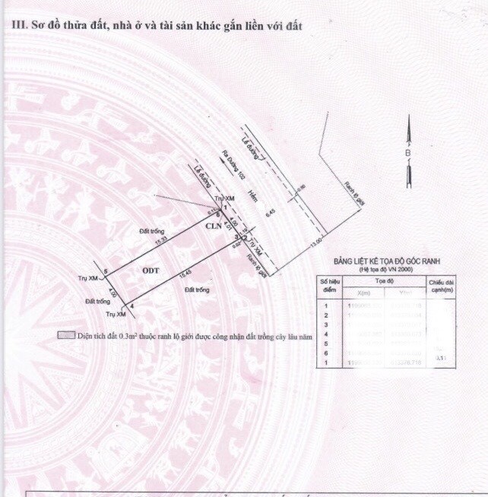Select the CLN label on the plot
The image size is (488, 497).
coord(214,226)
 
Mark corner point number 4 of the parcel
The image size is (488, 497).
coord(132,306)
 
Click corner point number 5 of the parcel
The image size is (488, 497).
coord(106,271)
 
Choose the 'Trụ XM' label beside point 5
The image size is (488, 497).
coord(88,279)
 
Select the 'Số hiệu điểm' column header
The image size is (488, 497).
coord(329,284)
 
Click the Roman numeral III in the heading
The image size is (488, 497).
coord(16,25)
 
